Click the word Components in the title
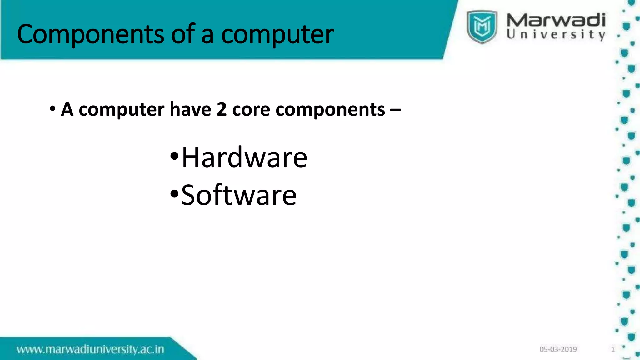pyautogui.click(x=91, y=34)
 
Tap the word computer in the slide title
pyautogui.click(x=277, y=34)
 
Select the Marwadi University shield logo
pyautogui.click(x=482, y=27)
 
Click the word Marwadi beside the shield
pyautogui.click(x=556, y=20)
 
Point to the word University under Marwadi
pyautogui.click(x=556, y=34)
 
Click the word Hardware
pyautogui.click(x=244, y=157)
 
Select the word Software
pyautogui.click(x=239, y=195)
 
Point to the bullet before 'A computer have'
pyautogui.click(x=52, y=109)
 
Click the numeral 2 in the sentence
pyautogui.click(x=222, y=109)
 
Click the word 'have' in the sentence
pyautogui.click(x=190, y=109)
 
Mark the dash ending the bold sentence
pyautogui.click(x=395, y=110)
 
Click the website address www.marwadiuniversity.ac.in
pyautogui.click(x=90, y=349)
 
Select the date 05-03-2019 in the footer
pyautogui.click(x=558, y=349)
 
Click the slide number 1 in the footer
pyautogui.click(x=613, y=349)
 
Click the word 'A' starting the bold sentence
pyautogui.click(x=67, y=109)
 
